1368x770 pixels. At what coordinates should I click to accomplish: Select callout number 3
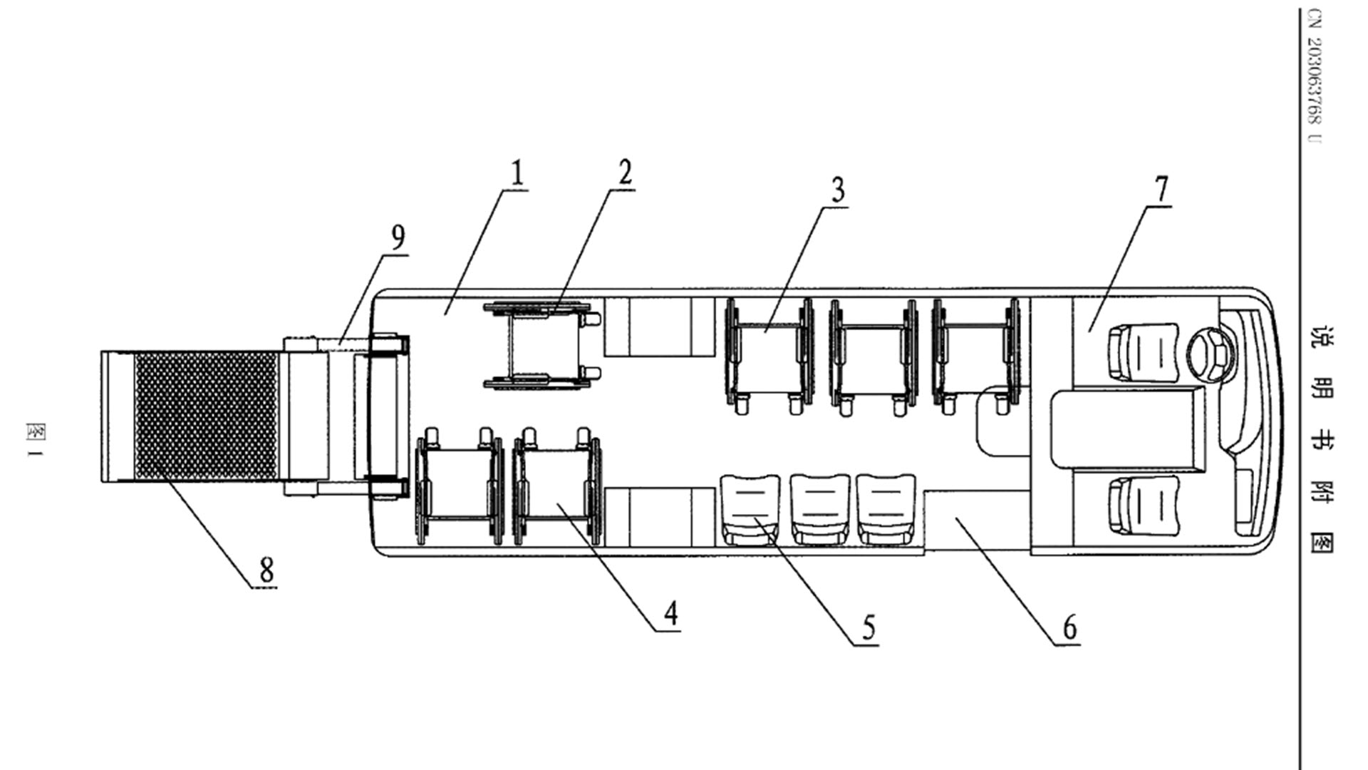click(838, 190)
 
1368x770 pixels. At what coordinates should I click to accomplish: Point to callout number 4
click(670, 613)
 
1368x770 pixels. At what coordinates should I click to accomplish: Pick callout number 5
click(869, 628)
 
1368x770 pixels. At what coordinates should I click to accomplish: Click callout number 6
click(1070, 628)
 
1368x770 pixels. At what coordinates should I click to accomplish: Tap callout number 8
click(266, 570)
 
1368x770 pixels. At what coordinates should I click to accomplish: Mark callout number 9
click(398, 237)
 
